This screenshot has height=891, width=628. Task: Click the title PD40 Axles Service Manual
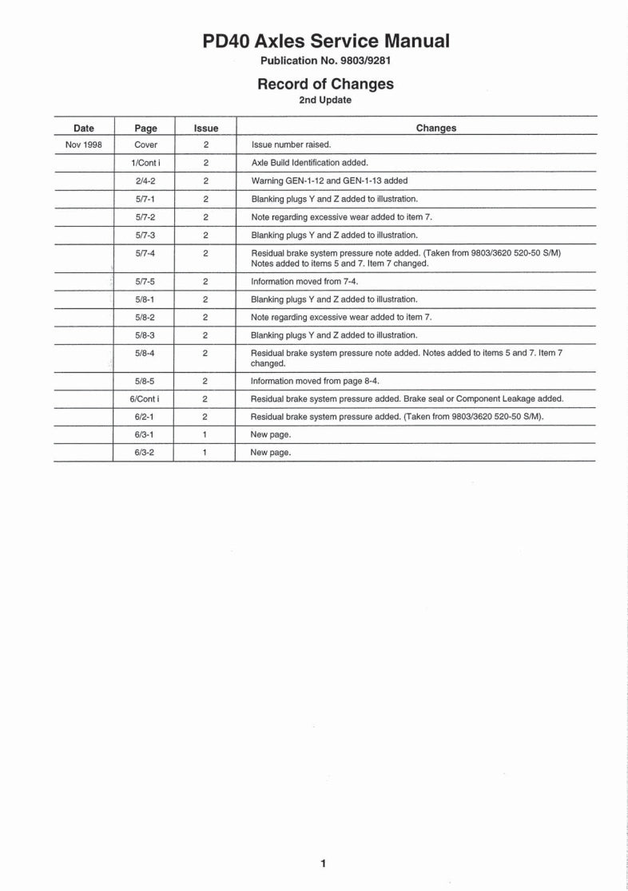tap(325, 41)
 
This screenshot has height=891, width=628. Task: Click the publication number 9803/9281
tap(325, 61)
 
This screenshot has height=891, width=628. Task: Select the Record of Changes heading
tap(325, 84)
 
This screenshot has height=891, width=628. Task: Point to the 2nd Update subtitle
tap(325, 101)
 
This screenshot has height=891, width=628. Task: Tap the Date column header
tap(83, 128)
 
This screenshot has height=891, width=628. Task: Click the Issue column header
tap(205, 128)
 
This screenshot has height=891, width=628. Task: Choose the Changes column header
tap(436, 128)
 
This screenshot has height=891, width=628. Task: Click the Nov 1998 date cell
tap(83, 145)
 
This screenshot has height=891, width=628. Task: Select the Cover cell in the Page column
tap(146, 145)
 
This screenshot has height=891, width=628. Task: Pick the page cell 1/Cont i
tap(146, 163)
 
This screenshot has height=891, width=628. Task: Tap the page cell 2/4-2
tap(146, 180)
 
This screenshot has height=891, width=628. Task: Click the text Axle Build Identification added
tap(309, 163)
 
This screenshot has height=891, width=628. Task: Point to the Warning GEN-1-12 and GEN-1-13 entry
tap(329, 180)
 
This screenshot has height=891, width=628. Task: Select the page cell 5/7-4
tap(146, 253)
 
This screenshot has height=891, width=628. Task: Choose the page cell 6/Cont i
tap(146, 398)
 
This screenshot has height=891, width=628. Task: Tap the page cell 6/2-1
tap(146, 417)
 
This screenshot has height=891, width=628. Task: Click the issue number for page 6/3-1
tap(205, 434)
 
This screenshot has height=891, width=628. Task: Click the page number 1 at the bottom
tap(323, 863)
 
